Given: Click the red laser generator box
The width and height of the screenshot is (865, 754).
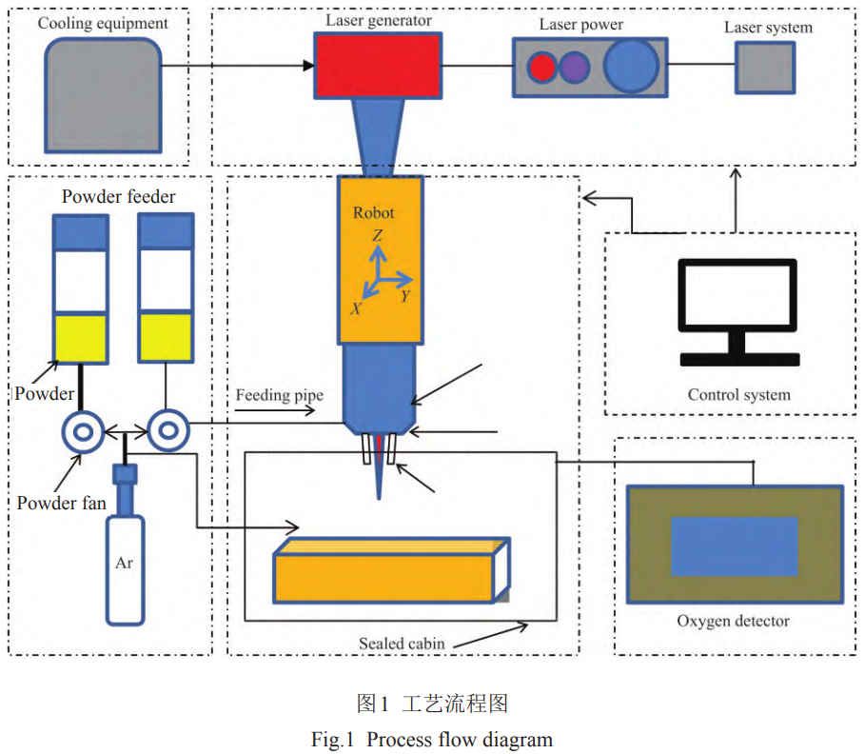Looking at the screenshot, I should click(378, 64).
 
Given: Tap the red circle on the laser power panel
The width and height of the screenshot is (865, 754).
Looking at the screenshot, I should click(541, 67).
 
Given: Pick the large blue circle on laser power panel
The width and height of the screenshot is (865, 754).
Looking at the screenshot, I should click(631, 66).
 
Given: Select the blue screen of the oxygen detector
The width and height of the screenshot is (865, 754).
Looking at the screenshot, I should click(734, 546).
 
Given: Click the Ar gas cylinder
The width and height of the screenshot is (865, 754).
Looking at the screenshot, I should click(125, 566).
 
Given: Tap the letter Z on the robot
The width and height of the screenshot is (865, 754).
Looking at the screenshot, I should click(378, 235).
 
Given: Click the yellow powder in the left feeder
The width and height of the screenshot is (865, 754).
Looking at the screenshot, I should click(81, 337).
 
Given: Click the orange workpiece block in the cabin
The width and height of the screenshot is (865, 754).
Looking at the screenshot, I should click(384, 575).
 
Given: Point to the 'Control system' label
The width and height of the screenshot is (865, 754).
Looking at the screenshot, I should click(738, 394).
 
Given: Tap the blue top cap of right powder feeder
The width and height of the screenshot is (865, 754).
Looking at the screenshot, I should click(167, 231).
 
